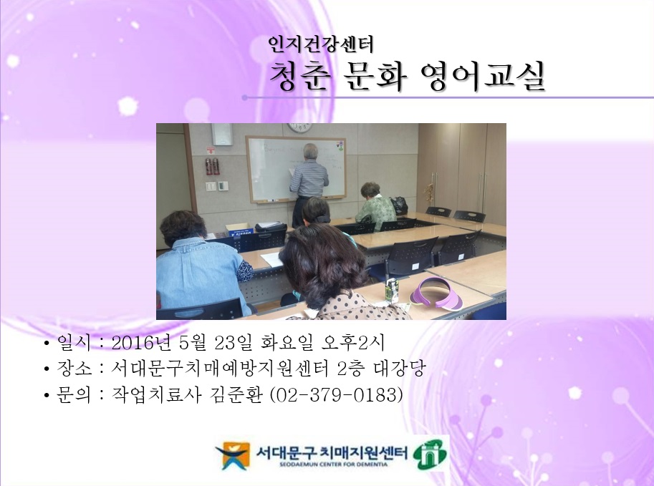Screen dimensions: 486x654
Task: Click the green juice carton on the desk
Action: (x=392, y=289)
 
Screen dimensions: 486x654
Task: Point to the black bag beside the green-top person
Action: (x=399, y=205)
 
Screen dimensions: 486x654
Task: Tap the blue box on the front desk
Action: (x=241, y=230)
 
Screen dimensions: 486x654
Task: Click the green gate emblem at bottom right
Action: (x=431, y=454)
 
